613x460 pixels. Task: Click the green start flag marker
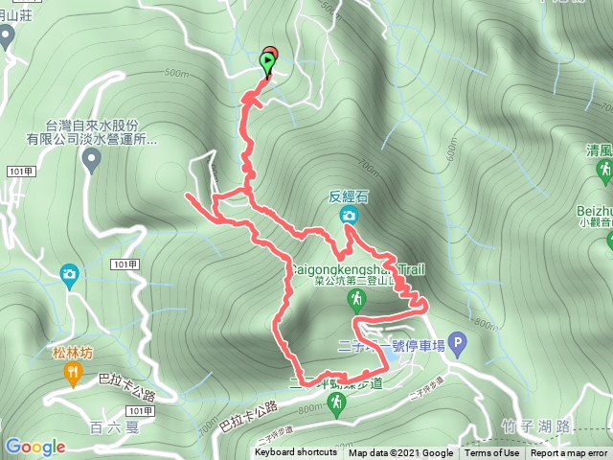coord(266,63)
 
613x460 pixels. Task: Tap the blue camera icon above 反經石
coord(349,217)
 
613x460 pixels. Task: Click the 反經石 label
coord(349,197)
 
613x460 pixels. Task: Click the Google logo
coord(34,447)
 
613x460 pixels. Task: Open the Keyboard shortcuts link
coord(295,453)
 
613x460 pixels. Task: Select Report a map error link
coord(570,453)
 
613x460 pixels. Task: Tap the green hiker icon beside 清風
coord(604,170)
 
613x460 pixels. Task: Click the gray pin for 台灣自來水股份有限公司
coord(92,159)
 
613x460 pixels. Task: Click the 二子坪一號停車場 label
coord(393,345)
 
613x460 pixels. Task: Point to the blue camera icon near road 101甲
coord(69,276)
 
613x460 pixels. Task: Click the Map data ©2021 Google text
coord(400,453)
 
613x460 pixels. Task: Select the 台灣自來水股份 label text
coord(91,126)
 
